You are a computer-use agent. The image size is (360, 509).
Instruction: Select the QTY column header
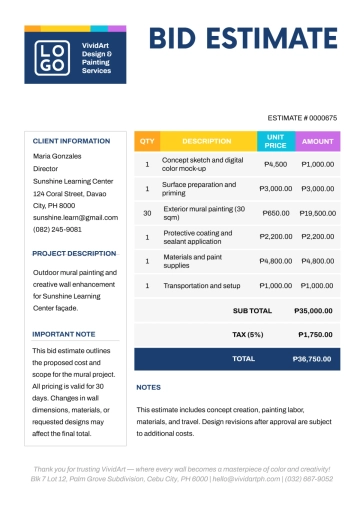pyautogui.click(x=147, y=141)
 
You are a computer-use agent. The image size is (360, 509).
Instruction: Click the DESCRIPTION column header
pyautogui.click(x=207, y=141)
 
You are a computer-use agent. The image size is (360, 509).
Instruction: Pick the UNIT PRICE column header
pyautogui.click(x=276, y=141)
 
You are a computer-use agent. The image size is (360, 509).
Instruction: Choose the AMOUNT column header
pyautogui.click(x=318, y=141)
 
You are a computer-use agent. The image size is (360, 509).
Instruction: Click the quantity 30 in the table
pyautogui.click(x=147, y=213)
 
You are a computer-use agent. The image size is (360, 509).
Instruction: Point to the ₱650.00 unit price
pyautogui.click(x=276, y=213)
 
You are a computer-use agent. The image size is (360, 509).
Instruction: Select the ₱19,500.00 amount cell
pyautogui.click(x=318, y=213)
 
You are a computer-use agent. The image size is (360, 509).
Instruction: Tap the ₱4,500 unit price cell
pyautogui.click(x=276, y=164)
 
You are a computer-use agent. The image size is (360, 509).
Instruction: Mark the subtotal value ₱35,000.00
pyautogui.click(x=314, y=311)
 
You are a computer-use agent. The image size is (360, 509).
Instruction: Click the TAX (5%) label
pyautogui.click(x=247, y=334)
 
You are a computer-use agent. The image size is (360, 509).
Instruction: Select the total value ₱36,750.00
pyautogui.click(x=312, y=358)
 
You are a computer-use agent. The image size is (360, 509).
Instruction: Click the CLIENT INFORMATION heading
pyautogui.click(x=71, y=141)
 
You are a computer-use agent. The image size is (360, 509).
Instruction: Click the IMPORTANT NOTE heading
pyautogui.click(x=64, y=334)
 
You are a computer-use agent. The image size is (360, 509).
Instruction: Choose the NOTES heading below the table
pyautogui.click(x=148, y=387)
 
